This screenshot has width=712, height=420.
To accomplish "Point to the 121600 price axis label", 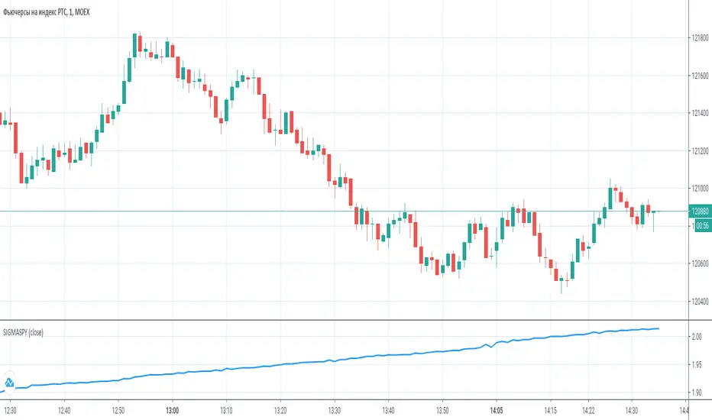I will [698, 76].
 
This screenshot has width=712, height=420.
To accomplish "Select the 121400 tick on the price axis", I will [698, 113].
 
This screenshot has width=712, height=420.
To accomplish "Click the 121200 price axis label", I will [698, 150].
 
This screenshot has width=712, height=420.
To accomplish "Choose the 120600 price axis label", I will [698, 263].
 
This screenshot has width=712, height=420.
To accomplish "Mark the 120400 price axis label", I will [698, 301].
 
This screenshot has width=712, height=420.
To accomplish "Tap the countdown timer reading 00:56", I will [699, 225].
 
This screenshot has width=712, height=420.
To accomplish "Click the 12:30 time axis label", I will [9, 409].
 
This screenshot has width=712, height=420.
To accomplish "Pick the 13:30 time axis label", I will [333, 409].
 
